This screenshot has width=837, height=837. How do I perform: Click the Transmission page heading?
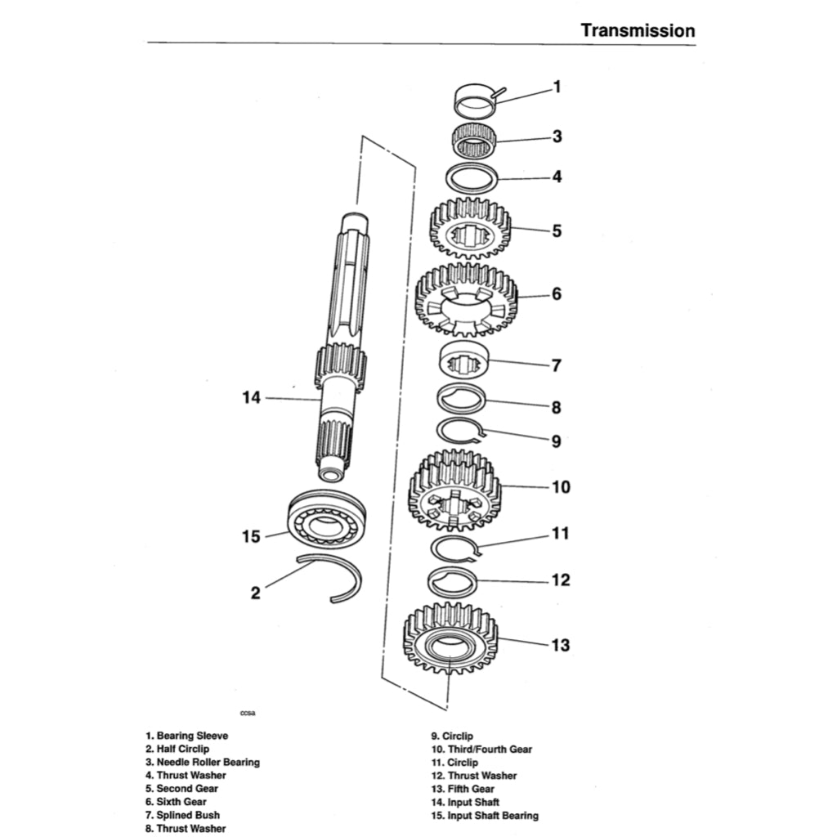coord(638,30)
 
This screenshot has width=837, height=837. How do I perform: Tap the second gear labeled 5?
coord(470,228)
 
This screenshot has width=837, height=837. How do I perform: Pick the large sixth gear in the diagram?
coord(467,298)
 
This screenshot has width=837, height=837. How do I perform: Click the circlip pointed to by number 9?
coord(459,430)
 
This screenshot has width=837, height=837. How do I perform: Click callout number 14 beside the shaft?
coord(251,398)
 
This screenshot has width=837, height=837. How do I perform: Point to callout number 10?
coord(560,487)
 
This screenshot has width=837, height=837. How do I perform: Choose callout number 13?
coord(559,645)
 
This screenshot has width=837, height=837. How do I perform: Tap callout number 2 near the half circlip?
coord(255,593)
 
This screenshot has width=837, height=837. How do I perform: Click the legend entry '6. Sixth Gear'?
coord(176,802)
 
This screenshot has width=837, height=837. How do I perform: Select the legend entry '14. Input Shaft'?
coord(465,803)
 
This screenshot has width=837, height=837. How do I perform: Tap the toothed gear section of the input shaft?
coord(340,366)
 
